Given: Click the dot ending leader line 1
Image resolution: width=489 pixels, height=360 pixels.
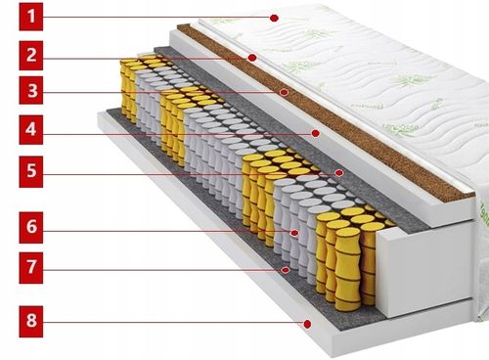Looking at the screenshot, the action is (275, 18).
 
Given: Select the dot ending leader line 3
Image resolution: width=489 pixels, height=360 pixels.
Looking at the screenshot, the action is (285, 93).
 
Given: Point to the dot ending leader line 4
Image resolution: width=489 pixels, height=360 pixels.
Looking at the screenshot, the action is (316, 131).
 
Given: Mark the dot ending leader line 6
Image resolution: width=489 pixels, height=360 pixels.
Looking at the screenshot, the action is (294, 232).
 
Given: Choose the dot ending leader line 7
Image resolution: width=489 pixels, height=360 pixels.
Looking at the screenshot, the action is (286, 267).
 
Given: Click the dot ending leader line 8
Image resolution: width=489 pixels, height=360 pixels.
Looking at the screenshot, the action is (307, 322).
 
